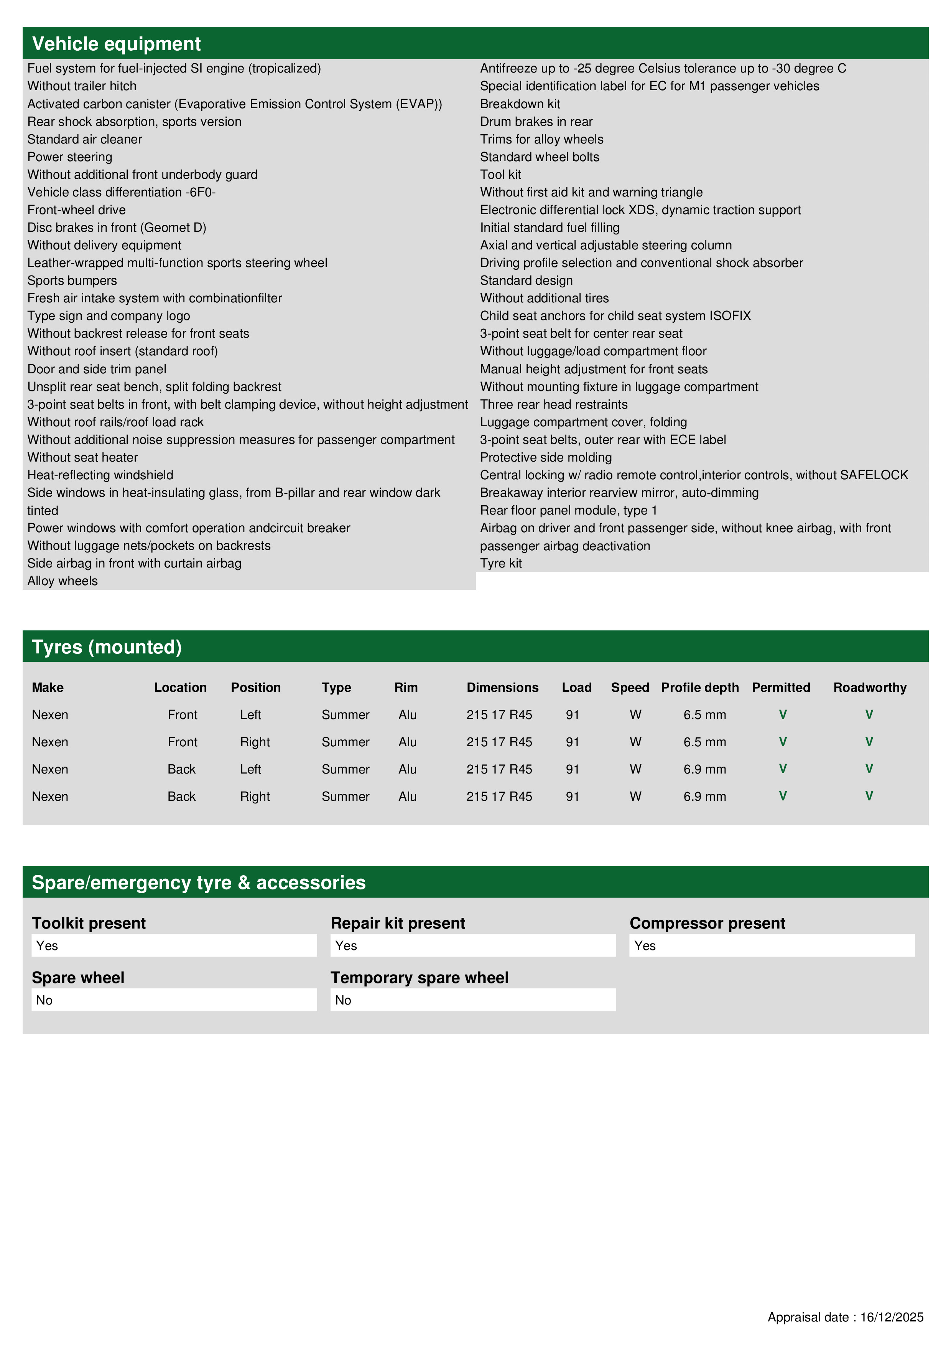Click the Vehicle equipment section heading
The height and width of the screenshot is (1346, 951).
click(x=116, y=44)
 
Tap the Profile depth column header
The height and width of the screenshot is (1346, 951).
click(x=699, y=688)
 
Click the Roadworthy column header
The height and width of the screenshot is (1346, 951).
click(x=870, y=688)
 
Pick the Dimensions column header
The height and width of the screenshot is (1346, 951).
click(x=502, y=688)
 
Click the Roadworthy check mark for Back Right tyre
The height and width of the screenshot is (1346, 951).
click(x=869, y=796)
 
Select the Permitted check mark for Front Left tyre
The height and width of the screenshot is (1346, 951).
click(x=783, y=714)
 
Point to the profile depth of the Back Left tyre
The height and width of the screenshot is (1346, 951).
click(x=704, y=769)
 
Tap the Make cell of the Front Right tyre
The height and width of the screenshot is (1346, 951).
click(x=50, y=742)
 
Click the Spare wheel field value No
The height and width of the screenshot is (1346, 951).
click(x=174, y=1000)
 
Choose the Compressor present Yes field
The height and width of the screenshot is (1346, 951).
click(x=772, y=945)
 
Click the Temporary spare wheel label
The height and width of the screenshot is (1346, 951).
click(x=420, y=978)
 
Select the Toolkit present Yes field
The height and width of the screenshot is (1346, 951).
click(x=174, y=945)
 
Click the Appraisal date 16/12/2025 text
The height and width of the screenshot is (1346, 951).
click(x=846, y=1317)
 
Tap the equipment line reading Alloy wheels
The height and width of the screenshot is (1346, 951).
click(x=63, y=581)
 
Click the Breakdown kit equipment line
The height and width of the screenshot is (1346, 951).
click(x=520, y=104)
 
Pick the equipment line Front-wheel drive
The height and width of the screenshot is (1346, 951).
click(x=76, y=210)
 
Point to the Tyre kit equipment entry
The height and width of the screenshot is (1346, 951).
click(x=501, y=563)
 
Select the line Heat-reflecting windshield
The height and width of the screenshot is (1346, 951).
click(x=100, y=475)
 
